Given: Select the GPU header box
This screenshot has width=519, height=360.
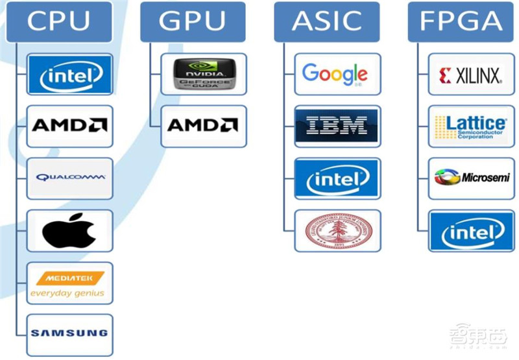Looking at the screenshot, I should coord(193,21).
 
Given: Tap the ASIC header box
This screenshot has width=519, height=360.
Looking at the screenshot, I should coord(326,21).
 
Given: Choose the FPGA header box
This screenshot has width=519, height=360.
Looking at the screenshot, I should coord(461,21).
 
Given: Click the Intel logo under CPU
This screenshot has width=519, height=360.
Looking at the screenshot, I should coord(69,75).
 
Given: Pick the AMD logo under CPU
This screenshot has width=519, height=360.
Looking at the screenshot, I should coord(69,126).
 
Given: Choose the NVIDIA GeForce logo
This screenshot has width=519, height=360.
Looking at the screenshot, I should coord(203,73).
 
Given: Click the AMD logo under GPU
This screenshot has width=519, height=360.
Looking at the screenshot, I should coord(203,125).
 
